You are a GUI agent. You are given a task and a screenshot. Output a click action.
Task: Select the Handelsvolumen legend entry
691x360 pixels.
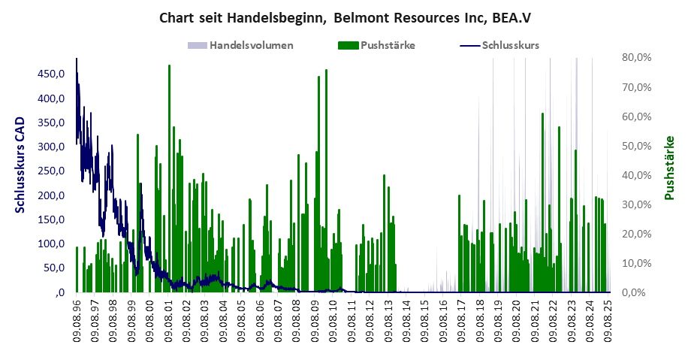pyautogui.click(x=252, y=45)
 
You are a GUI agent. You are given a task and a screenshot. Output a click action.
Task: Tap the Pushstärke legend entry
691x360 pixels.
pyautogui.click(x=388, y=45)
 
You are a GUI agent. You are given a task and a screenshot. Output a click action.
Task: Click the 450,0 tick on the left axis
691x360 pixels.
pyautogui.click(x=50, y=74)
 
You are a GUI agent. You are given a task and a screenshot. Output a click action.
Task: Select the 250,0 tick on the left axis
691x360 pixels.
pyautogui.click(x=50, y=171)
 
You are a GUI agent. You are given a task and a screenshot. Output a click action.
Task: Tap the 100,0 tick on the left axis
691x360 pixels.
pyautogui.click(x=50, y=244)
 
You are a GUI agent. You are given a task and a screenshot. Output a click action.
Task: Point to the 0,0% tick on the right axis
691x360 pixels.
pyautogui.click(x=635, y=292)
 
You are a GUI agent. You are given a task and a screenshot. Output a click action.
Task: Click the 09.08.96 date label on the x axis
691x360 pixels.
pyautogui.click(x=77, y=319)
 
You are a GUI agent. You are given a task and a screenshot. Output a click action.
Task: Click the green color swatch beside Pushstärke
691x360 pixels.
pyautogui.click(x=349, y=45)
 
